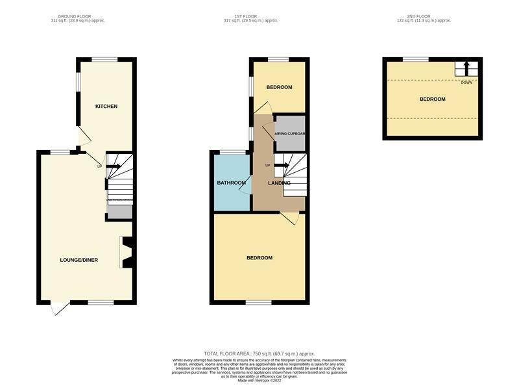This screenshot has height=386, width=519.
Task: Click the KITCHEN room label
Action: coord(106,106)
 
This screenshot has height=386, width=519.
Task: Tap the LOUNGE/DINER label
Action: coord(79,260)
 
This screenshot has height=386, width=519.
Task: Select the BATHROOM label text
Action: coord(230,183)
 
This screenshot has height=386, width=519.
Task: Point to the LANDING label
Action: coord(280,183)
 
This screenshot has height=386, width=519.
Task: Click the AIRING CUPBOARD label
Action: coord(289,133)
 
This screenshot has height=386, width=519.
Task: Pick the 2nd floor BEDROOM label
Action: coord(432,99)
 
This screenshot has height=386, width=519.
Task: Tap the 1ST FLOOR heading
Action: coord(250,16)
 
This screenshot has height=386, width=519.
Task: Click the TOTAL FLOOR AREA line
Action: coord(259,353)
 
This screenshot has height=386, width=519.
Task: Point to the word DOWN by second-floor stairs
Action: coord(466,83)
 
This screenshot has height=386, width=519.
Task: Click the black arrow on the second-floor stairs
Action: coord(466,68)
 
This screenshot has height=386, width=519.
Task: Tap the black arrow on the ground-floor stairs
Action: coord(114,166)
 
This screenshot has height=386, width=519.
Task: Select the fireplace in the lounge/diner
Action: coord(127,252)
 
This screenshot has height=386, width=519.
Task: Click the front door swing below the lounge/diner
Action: coord(60,309)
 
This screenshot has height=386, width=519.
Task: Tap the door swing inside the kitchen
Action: coord(84,136)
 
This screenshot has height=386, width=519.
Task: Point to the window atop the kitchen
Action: coord(104,59)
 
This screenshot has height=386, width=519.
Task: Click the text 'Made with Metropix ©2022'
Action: coord(259,380)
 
